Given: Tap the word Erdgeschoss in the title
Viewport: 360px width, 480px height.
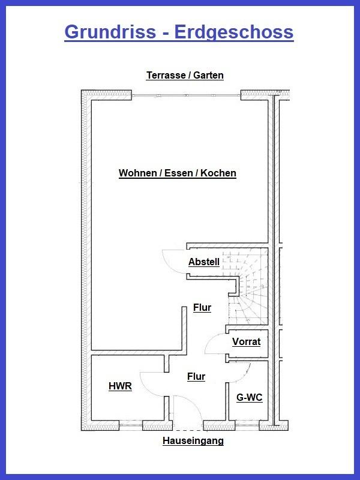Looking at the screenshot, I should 233,31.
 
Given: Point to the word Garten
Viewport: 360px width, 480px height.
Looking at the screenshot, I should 208,76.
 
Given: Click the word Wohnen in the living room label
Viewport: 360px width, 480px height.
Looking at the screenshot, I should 137,173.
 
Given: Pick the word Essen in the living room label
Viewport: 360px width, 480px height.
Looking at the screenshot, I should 178,173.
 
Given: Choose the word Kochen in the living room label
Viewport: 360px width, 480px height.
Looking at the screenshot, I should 218,173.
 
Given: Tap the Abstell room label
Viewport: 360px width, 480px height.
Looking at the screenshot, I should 203,262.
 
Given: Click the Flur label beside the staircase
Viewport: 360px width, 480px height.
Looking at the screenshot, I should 202,308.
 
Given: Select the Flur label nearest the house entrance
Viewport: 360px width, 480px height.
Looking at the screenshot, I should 196,377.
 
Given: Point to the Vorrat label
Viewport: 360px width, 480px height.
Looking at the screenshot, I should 246,342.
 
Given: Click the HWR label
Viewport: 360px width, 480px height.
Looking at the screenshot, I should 120,386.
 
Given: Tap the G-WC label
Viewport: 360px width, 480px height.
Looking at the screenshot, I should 249,398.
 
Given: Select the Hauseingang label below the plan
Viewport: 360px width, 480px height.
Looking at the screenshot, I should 193,441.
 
